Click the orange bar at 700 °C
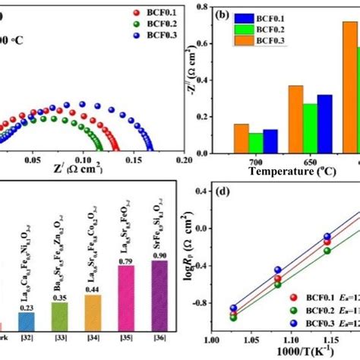tap(241, 136)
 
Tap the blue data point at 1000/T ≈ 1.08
tap(278, 270)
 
